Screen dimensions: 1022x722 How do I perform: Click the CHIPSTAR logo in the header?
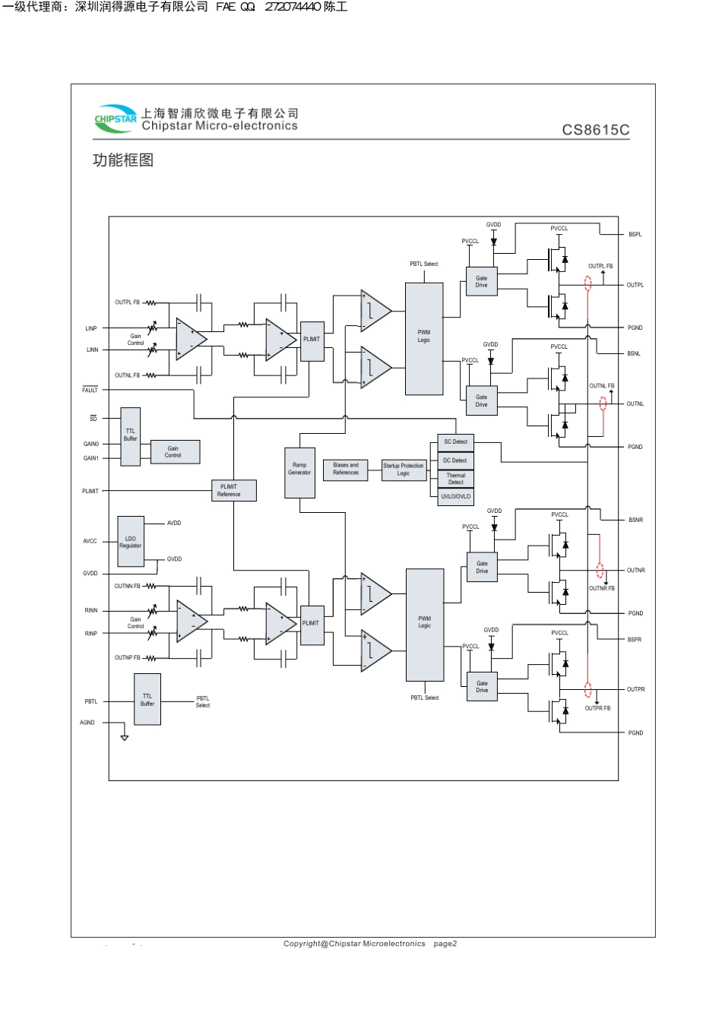point(116,118)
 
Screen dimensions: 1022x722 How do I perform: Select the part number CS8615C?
point(595,130)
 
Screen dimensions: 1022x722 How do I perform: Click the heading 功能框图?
point(123,160)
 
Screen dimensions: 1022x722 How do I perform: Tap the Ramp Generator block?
point(299,469)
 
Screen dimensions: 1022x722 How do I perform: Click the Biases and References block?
point(345,469)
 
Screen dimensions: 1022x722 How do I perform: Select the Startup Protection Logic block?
point(403,470)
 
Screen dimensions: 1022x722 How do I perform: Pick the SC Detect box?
point(455,442)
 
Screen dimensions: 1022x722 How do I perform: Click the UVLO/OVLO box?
point(455,496)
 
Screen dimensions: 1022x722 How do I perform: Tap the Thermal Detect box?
point(455,479)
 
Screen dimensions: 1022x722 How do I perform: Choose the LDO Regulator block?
point(130,542)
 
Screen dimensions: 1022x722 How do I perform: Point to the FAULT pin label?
point(90,390)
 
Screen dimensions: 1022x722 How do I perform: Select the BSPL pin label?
point(635,235)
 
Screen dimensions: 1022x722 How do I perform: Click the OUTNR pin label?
point(635,570)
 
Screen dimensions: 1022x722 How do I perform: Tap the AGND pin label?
point(87,723)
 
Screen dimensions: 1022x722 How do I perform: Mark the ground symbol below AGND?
point(125,737)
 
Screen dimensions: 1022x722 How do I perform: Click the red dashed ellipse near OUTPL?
point(587,285)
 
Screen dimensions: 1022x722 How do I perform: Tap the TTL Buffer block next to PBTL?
point(147,699)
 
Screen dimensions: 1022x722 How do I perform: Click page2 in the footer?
point(445,944)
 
